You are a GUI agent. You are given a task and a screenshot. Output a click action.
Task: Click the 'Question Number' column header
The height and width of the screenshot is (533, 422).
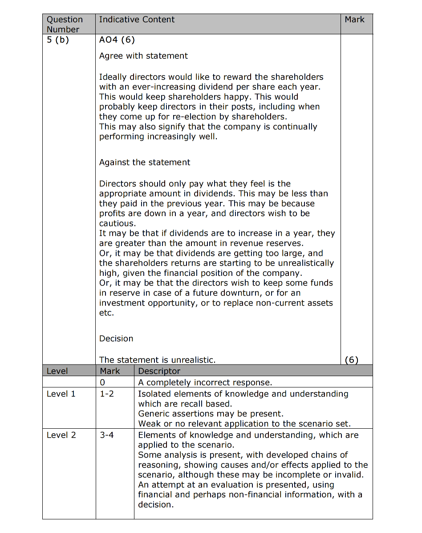[65, 25]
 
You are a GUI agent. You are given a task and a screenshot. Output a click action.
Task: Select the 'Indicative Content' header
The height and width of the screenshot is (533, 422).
[137, 20]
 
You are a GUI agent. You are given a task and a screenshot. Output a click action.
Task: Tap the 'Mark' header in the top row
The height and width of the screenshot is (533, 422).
[354, 20]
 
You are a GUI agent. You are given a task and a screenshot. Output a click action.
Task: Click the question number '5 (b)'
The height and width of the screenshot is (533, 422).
[58, 40]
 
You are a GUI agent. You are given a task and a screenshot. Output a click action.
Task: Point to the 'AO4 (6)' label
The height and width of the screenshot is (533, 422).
[117, 40]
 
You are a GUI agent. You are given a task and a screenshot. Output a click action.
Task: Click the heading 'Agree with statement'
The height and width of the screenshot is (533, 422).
[143, 56]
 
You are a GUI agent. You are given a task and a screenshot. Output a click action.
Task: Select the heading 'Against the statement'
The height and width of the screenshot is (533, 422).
[145, 163]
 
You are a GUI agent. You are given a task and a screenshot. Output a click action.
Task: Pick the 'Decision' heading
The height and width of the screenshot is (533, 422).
[116, 339]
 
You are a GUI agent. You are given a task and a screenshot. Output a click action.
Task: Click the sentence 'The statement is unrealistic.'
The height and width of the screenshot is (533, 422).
[157, 360]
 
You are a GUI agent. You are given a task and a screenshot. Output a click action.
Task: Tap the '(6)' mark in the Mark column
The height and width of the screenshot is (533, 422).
[352, 360]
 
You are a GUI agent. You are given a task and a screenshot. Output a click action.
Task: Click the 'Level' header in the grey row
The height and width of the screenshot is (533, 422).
[57, 371]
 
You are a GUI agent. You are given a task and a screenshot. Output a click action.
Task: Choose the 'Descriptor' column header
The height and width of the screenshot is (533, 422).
[159, 371]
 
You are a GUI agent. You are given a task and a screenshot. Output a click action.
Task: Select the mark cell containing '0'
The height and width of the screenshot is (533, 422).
[102, 382]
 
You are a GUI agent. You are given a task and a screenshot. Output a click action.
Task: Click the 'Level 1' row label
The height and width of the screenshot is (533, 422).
[61, 394]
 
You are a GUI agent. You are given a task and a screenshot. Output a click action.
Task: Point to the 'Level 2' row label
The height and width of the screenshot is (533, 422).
[61, 435]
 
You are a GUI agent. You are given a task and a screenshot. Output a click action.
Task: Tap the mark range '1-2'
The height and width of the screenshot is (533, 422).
[107, 394]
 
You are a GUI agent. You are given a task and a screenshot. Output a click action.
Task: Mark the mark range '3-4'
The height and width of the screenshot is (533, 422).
[107, 435]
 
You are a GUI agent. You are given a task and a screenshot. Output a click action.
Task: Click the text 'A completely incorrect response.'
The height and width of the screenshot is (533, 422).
[205, 382]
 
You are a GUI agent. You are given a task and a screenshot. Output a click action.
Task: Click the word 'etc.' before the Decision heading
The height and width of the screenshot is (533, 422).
[106, 313]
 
